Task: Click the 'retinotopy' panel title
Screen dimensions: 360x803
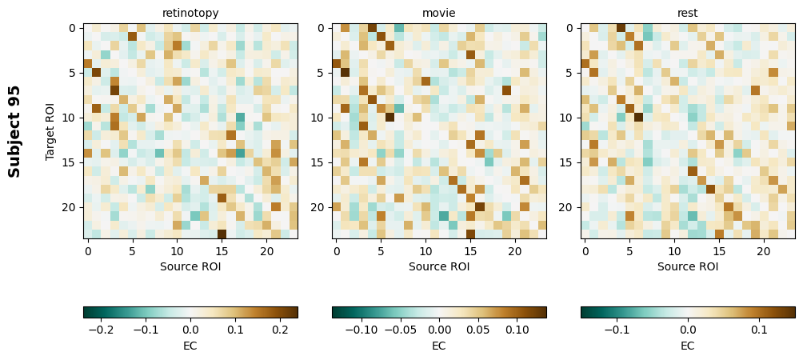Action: [x=190, y=13]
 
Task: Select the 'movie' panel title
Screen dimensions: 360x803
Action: [x=439, y=13]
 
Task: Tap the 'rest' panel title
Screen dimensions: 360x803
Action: [x=688, y=13]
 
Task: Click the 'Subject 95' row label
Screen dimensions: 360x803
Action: [x=14, y=131]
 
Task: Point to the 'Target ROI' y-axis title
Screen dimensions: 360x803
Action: [x=50, y=131]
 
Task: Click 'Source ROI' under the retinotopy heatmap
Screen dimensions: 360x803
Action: [x=190, y=266]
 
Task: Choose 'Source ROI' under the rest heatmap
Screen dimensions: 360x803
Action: [x=688, y=266]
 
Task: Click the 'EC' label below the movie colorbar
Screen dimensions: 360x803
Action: [x=439, y=346]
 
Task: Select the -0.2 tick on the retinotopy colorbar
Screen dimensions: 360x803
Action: [x=99, y=329]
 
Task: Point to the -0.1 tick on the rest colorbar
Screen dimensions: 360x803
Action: [x=617, y=329]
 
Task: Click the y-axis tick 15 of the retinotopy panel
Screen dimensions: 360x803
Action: [x=72, y=162]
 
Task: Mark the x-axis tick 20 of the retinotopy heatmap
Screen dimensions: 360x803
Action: [x=266, y=251]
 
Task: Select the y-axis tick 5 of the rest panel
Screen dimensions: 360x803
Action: [x=569, y=73]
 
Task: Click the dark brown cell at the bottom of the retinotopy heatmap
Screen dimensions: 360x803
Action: [x=222, y=234]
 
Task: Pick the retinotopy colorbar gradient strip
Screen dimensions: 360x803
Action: [x=190, y=312]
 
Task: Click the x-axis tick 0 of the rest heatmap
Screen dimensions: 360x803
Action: [x=585, y=251]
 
